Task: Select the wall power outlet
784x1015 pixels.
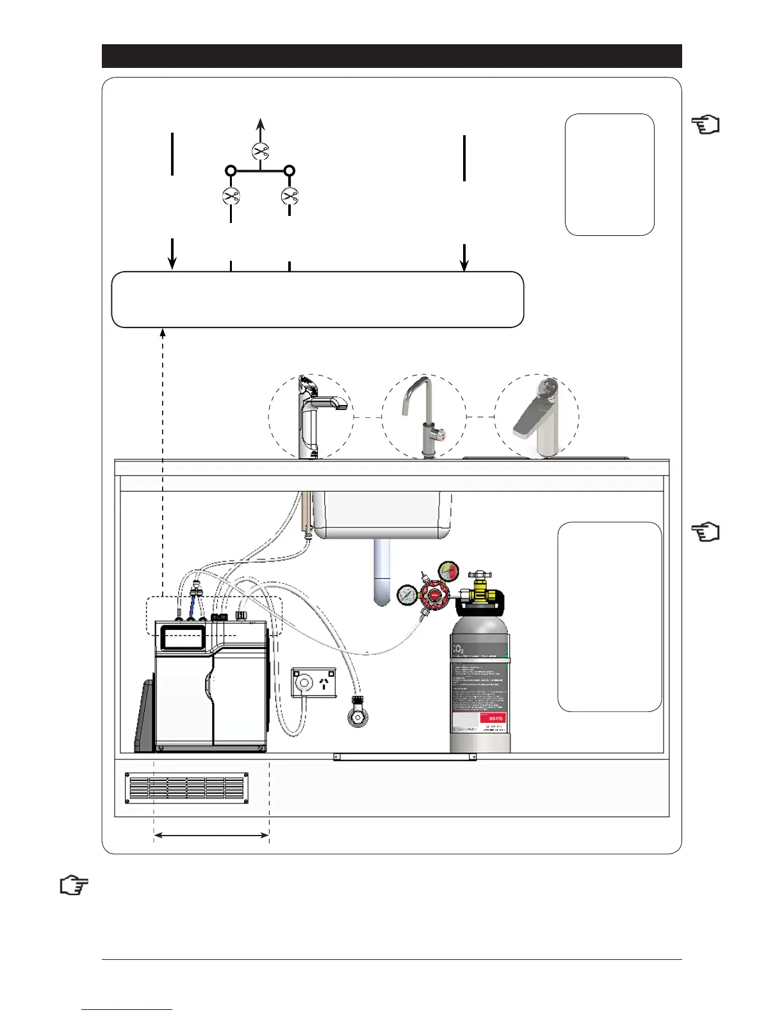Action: [314, 682]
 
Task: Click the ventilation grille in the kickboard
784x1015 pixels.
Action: [186, 788]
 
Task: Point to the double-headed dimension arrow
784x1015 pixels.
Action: [211, 835]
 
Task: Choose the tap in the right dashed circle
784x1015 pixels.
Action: [538, 420]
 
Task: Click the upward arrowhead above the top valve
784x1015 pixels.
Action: [260, 123]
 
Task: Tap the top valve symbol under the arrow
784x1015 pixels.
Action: [260, 151]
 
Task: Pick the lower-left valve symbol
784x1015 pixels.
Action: [231, 196]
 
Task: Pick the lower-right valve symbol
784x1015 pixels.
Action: [290, 195]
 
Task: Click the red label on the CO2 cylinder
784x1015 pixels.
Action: [493, 718]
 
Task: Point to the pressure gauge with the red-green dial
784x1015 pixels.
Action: [448, 571]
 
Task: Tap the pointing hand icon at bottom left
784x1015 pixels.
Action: [74, 886]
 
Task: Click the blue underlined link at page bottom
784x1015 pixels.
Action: [127, 1009]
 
